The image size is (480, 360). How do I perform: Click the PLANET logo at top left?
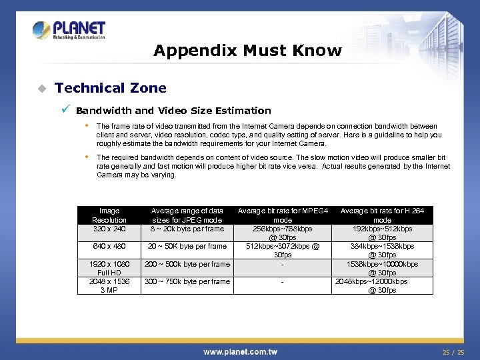tap(69, 30)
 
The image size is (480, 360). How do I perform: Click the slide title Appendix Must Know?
tap(247, 51)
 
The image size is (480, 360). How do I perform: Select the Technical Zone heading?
tap(111, 88)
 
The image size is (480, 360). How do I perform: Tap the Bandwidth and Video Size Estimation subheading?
tap(173, 111)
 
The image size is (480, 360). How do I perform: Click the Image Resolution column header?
tap(109, 215)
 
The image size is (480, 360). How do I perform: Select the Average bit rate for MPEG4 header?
tap(283, 215)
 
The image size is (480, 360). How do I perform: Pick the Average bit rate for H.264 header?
tap(382, 215)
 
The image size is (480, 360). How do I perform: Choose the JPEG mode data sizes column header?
tap(187, 215)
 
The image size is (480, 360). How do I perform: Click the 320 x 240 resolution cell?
tap(109, 229)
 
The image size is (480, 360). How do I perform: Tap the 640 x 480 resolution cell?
tap(109, 246)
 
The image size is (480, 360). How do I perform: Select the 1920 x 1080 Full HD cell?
tap(109, 268)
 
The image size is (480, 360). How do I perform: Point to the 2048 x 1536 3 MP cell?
tap(109, 285)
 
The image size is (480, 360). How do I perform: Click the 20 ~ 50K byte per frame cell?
tap(187, 246)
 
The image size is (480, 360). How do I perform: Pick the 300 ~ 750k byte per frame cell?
tap(187, 281)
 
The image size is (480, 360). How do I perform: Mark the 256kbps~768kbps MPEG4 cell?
tap(283, 233)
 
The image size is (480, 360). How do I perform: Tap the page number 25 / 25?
tap(453, 351)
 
